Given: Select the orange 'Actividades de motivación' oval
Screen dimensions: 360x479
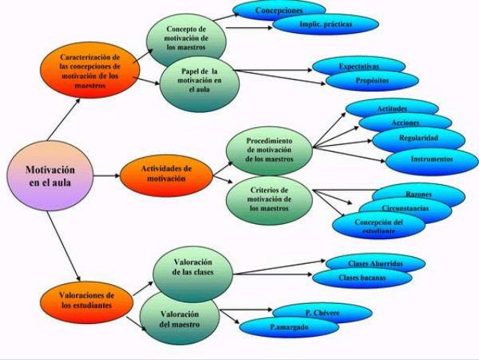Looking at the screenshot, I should click(167, 175).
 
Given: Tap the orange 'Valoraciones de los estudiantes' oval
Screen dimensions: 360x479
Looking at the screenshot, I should click(87, 300).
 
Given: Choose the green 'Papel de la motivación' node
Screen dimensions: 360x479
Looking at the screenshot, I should click(199, 82).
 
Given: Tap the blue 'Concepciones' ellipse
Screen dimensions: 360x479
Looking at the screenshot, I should click(279, 11).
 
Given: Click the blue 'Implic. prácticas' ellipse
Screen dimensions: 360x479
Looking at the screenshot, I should click(325, 24).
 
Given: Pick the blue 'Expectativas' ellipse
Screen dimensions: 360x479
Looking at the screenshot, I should click(359, 67).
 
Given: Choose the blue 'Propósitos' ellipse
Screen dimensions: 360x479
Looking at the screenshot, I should click(372, 80).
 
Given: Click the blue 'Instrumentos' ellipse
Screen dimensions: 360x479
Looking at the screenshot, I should click(432, 160).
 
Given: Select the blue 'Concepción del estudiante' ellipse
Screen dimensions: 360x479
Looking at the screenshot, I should click(379, 225).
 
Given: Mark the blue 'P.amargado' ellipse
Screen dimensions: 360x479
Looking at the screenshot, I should click(289, 328).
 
